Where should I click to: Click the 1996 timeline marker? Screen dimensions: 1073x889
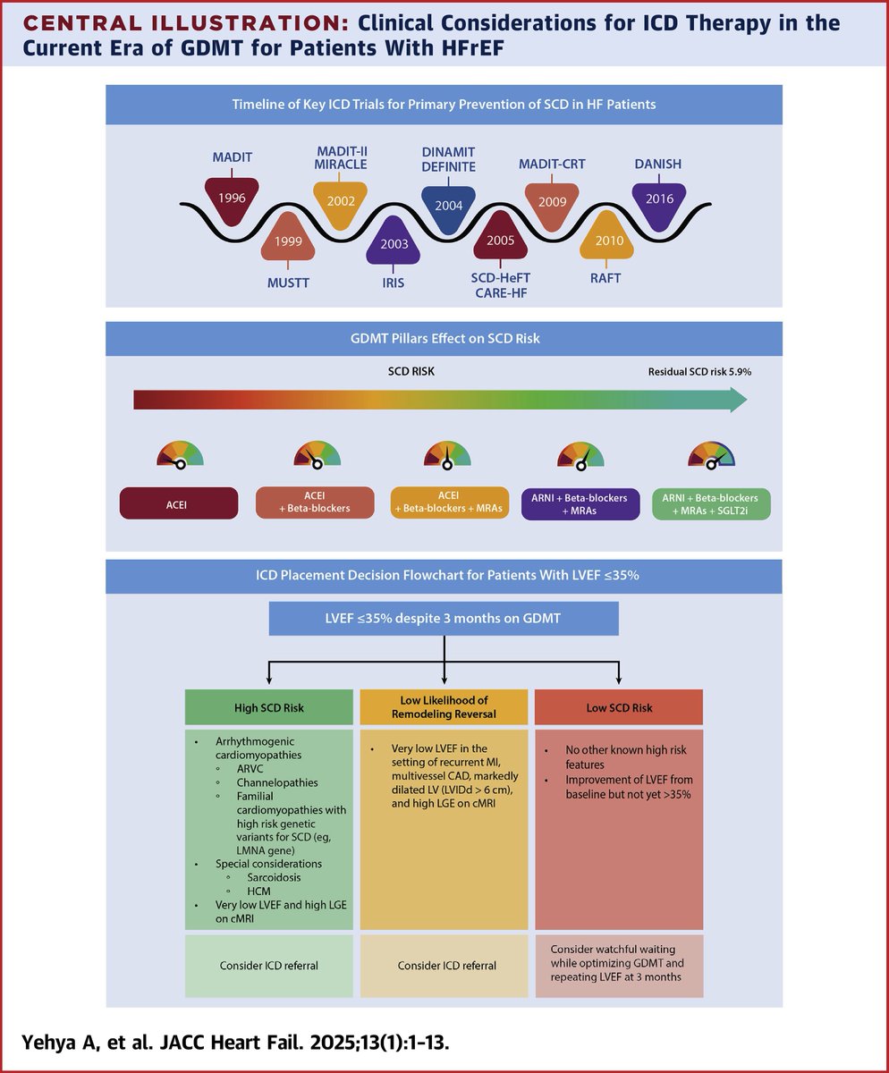[232, 197]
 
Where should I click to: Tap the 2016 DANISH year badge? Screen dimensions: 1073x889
[658, 199]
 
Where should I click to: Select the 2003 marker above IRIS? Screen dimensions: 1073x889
[394, 242]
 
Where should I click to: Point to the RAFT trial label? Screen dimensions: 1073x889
[605, 278]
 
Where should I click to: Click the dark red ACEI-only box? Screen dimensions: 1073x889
[179, 503]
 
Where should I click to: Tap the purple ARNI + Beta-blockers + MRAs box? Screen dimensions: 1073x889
[580, 503]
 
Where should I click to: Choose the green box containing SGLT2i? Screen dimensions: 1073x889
[712, 503]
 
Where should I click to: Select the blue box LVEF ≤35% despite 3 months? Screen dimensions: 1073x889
[444, 618]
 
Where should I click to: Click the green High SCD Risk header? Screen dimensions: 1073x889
[269, 708]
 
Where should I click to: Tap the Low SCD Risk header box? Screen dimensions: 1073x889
[618, 708]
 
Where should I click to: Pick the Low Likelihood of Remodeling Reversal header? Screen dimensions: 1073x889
[444, 707]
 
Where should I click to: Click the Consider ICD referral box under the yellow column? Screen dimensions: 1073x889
[444, 966]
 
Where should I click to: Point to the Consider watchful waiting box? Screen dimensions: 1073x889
[618, 966]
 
